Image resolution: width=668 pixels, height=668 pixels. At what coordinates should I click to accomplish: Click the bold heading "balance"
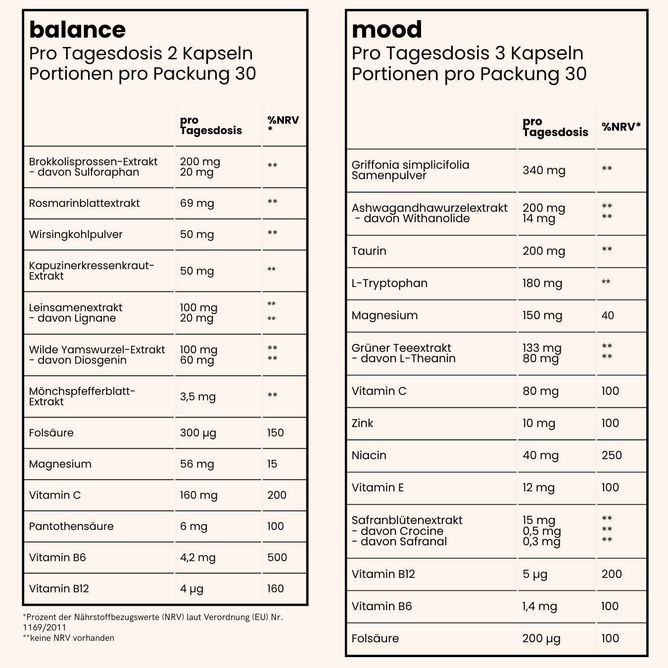coord(77,30)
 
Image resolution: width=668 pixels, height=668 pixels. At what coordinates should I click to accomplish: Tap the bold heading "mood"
coord(386,30)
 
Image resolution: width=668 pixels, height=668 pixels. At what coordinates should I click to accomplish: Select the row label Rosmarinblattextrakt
coord(84,203)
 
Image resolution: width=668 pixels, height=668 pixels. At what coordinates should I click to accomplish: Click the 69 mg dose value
coord(197,203)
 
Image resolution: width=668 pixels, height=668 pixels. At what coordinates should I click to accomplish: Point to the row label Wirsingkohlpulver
coord(76,235)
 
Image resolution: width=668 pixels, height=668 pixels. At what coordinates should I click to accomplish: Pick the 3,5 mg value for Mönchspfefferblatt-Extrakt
coord(197,396)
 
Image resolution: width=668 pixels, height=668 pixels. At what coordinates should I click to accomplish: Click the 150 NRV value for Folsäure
coord(276,433)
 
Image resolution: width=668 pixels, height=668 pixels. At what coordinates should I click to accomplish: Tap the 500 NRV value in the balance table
coord(277,558)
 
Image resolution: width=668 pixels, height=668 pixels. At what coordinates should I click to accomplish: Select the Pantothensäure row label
coord(71,526)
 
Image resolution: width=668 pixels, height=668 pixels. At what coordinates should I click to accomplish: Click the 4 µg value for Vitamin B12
coord(191,589)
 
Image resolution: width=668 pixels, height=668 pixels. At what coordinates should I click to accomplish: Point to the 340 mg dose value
coord(544,171)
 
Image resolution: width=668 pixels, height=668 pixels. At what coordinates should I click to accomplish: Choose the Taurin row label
coord(369,251)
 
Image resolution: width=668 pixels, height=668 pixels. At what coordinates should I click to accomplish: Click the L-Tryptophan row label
coord(389,284)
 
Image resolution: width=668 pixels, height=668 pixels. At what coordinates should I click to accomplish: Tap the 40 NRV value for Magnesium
coord(608,316)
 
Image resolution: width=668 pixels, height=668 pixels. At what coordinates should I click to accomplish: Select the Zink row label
coord(362,423)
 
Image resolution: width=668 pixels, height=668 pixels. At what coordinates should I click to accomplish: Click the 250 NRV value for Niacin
coord(612,455)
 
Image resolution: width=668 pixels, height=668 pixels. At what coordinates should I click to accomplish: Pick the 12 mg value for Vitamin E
coord(538,488)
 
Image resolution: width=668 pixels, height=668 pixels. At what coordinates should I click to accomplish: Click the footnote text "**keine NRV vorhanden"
coord(68,638)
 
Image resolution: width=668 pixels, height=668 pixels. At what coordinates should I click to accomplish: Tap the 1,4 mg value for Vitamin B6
coord(539,607)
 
